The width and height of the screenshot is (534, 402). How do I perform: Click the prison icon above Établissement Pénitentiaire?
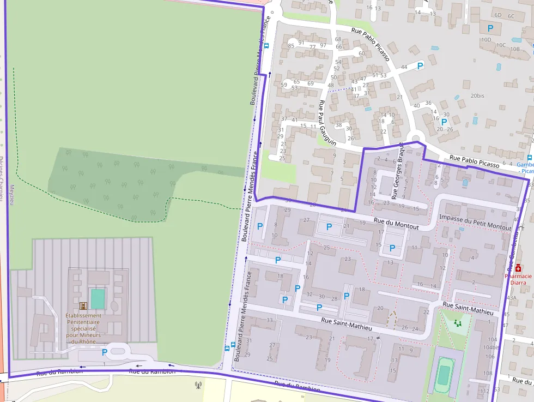pos(83,306)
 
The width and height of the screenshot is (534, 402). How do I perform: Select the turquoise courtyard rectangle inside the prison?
pos(98,299)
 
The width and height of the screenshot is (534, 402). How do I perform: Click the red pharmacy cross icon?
pos(518,268)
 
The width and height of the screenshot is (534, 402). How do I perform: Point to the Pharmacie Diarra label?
pos(518,279)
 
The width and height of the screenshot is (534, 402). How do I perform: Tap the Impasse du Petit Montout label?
pos(475,222)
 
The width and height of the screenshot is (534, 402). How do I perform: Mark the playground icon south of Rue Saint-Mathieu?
pos(457,323)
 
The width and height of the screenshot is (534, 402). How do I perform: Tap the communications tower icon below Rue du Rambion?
pos(198,385)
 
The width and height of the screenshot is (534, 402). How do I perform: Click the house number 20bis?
pos(477,95)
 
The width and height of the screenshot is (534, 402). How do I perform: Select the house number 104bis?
pos(491,347)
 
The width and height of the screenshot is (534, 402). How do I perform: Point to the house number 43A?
pos(511,298)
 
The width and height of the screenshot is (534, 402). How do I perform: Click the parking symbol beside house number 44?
pos(420,65)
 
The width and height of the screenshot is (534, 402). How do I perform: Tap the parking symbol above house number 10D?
pos(490,28)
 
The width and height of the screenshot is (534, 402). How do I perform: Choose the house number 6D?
pos(497,15)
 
